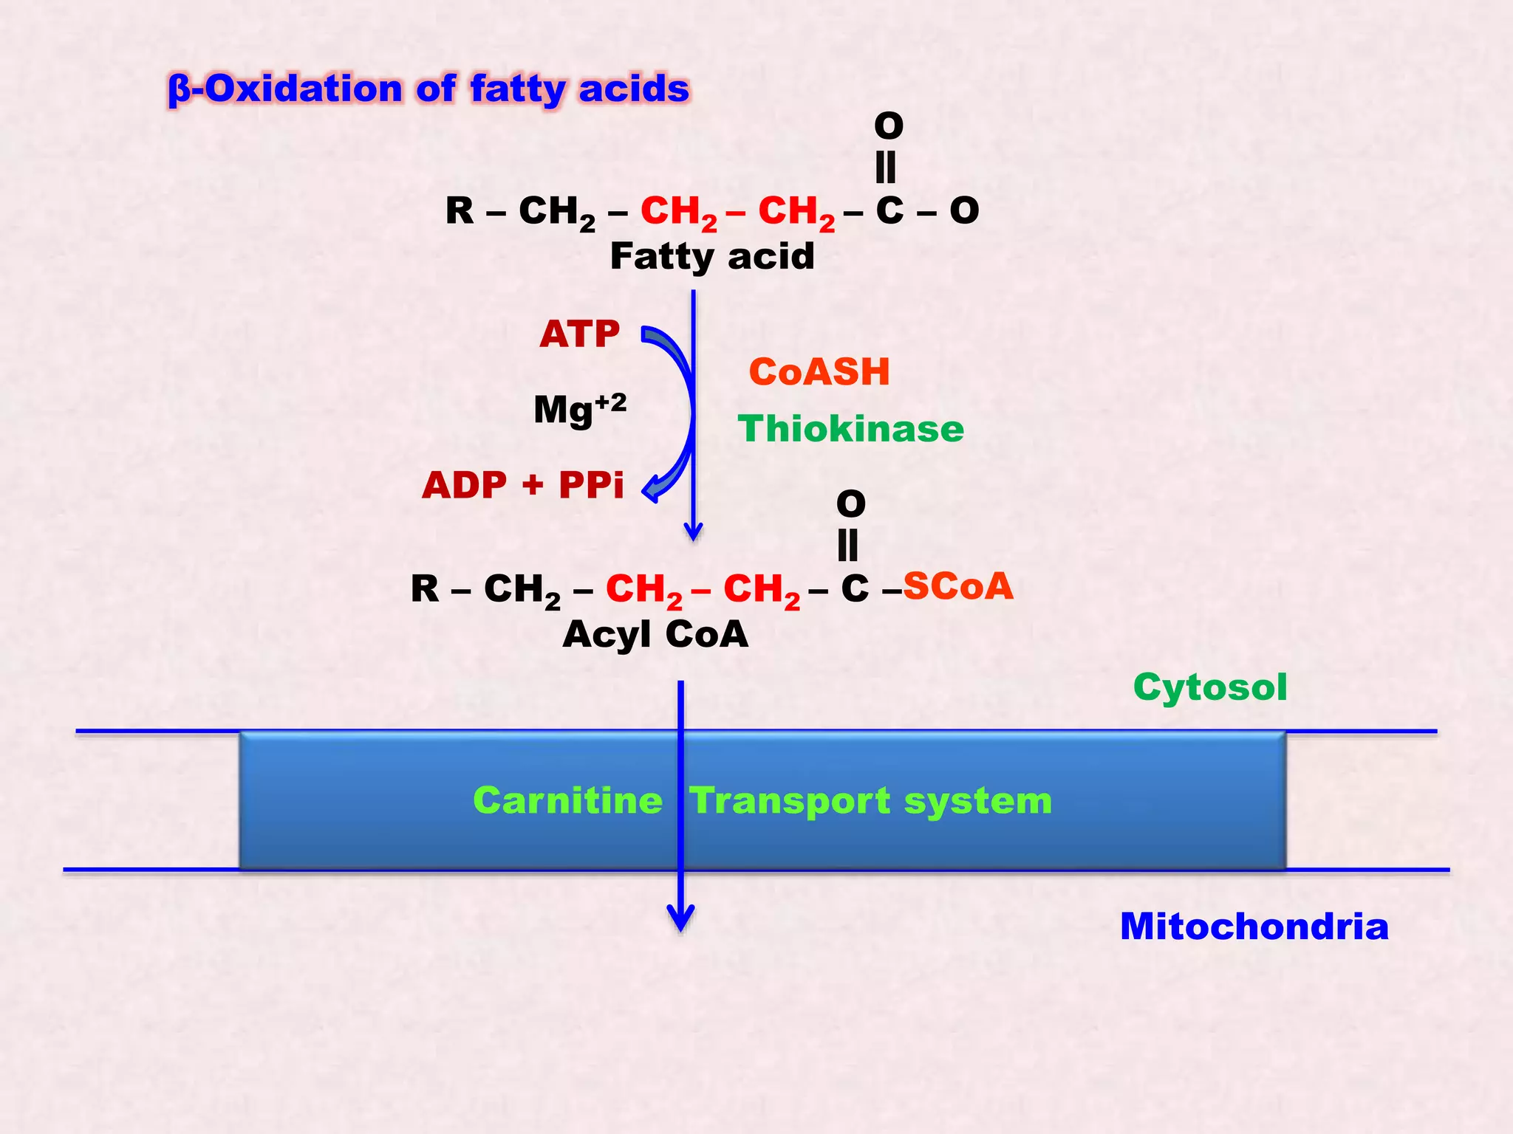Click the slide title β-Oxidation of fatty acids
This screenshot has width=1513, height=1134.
428,89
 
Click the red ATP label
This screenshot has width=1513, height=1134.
579,334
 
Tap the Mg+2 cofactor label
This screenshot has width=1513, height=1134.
580,409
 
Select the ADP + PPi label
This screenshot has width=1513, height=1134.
523,485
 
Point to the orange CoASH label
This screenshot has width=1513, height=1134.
819,371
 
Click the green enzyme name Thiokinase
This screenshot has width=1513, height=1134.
850,429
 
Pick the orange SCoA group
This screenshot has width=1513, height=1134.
957,586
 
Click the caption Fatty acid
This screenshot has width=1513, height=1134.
712,257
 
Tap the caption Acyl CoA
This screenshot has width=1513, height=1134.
655,634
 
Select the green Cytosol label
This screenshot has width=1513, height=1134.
1210,687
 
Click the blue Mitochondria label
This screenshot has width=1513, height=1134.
1254,927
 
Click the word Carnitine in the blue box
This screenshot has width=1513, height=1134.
567,801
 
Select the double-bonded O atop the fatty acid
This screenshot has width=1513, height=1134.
888,126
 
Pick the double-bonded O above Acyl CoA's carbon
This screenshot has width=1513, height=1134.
850,504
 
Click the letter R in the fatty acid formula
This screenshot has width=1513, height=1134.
460,211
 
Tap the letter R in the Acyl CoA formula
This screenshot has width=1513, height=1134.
425,589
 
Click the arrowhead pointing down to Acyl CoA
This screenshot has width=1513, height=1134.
693,532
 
